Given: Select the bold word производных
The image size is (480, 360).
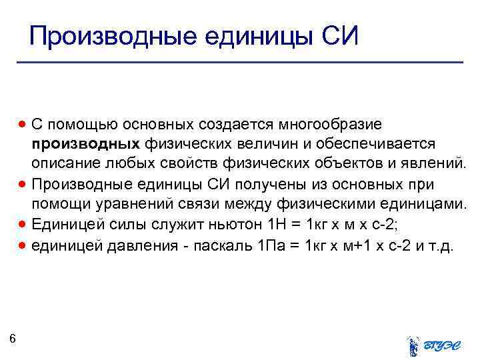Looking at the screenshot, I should click(85, 144).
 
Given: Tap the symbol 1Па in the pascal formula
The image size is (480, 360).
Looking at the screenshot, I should click(272, 245).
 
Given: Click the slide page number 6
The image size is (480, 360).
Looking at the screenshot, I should click(13, 339).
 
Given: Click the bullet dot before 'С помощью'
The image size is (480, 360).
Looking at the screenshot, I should click(23, 124).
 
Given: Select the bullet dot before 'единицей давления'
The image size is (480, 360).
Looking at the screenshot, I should click(23, 245).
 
